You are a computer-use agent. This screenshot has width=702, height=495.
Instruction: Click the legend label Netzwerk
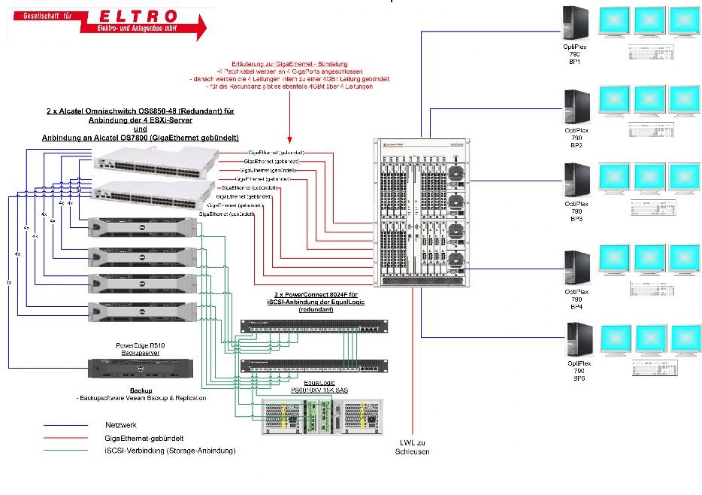click(120, 425)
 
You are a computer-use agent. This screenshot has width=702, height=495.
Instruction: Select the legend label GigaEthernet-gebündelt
click(146, 438)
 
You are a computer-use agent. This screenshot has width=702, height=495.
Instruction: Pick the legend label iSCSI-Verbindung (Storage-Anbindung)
click(170, 451)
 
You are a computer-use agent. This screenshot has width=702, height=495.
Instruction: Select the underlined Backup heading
click(141, 390)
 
